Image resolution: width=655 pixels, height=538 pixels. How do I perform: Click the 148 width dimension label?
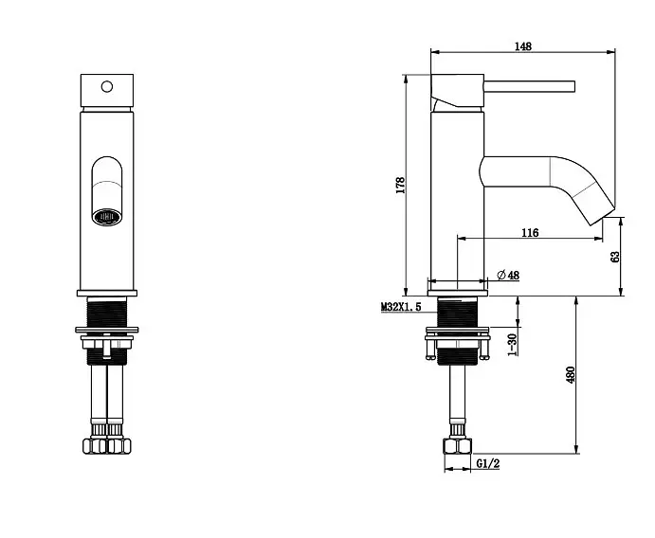click(x=522, y=45)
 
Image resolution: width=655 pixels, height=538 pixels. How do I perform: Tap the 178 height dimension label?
click(x=400, y=185)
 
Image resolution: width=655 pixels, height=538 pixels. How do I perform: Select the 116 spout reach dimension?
click(x=530, y=232)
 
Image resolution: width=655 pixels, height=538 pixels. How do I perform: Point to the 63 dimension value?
click(x=615, y=257)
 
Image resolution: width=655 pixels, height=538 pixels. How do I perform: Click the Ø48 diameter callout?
click(x=508, y=275)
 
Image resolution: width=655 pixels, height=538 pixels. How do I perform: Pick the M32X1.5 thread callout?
click(x=401, y=307)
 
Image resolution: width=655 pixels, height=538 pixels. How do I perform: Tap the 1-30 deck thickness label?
click(x=513, y=345)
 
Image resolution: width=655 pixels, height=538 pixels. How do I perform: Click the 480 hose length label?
click(x=571, y=375)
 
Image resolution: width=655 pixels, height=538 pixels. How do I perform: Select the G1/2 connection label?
click(x=488, y=463)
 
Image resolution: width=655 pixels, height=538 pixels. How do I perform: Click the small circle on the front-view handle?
click(x=107, y=86)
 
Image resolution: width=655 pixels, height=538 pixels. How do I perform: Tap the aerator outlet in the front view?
click(x=107, y=217)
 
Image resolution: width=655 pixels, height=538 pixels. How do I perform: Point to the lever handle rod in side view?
click(x=529, y=86)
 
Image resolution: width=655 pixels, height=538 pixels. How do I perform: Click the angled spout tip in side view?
click(x=603, y=216)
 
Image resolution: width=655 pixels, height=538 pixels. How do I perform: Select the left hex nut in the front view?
click(x=95, y=445)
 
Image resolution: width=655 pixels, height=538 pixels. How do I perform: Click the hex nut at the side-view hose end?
click(x=458, y=446)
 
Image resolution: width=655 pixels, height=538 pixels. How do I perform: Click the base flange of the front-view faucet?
click(x=107, y=293)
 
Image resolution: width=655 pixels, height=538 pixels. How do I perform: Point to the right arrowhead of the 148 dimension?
click(x=611, y=52)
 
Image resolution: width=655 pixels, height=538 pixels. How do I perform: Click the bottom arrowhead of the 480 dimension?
click(x=576, y=449)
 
